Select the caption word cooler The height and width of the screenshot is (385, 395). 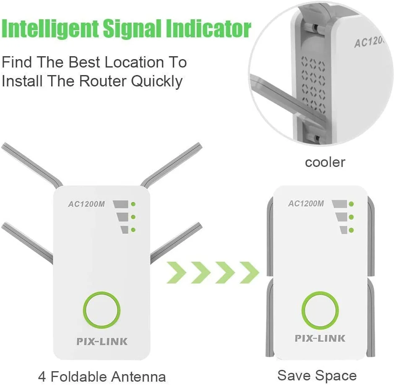pos(325,162)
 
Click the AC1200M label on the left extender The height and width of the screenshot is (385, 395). pos(86,204)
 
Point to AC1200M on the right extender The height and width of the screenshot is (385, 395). pos(306,203)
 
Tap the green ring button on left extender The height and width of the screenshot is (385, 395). pos(102,311)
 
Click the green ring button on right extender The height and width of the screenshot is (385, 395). pos(320,311)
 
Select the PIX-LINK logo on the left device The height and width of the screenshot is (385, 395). pos(102,341)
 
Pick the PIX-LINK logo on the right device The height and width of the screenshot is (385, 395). pos(320,338)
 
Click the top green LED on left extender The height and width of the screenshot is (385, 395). pos(133,204)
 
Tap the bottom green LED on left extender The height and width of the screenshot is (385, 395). pos(133,229)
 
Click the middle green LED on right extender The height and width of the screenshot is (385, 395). pos(351,217)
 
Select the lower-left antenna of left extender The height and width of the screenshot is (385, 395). pos(27,242)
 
